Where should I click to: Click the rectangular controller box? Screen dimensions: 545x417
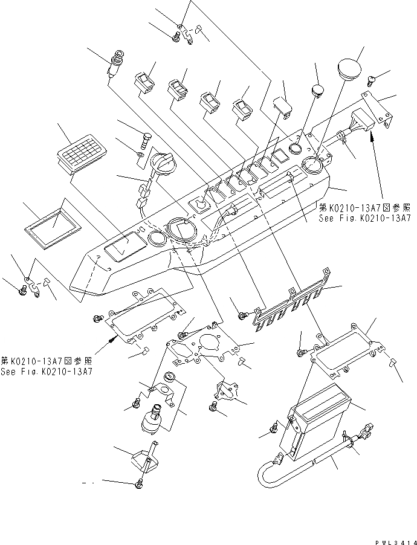point(318,421)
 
